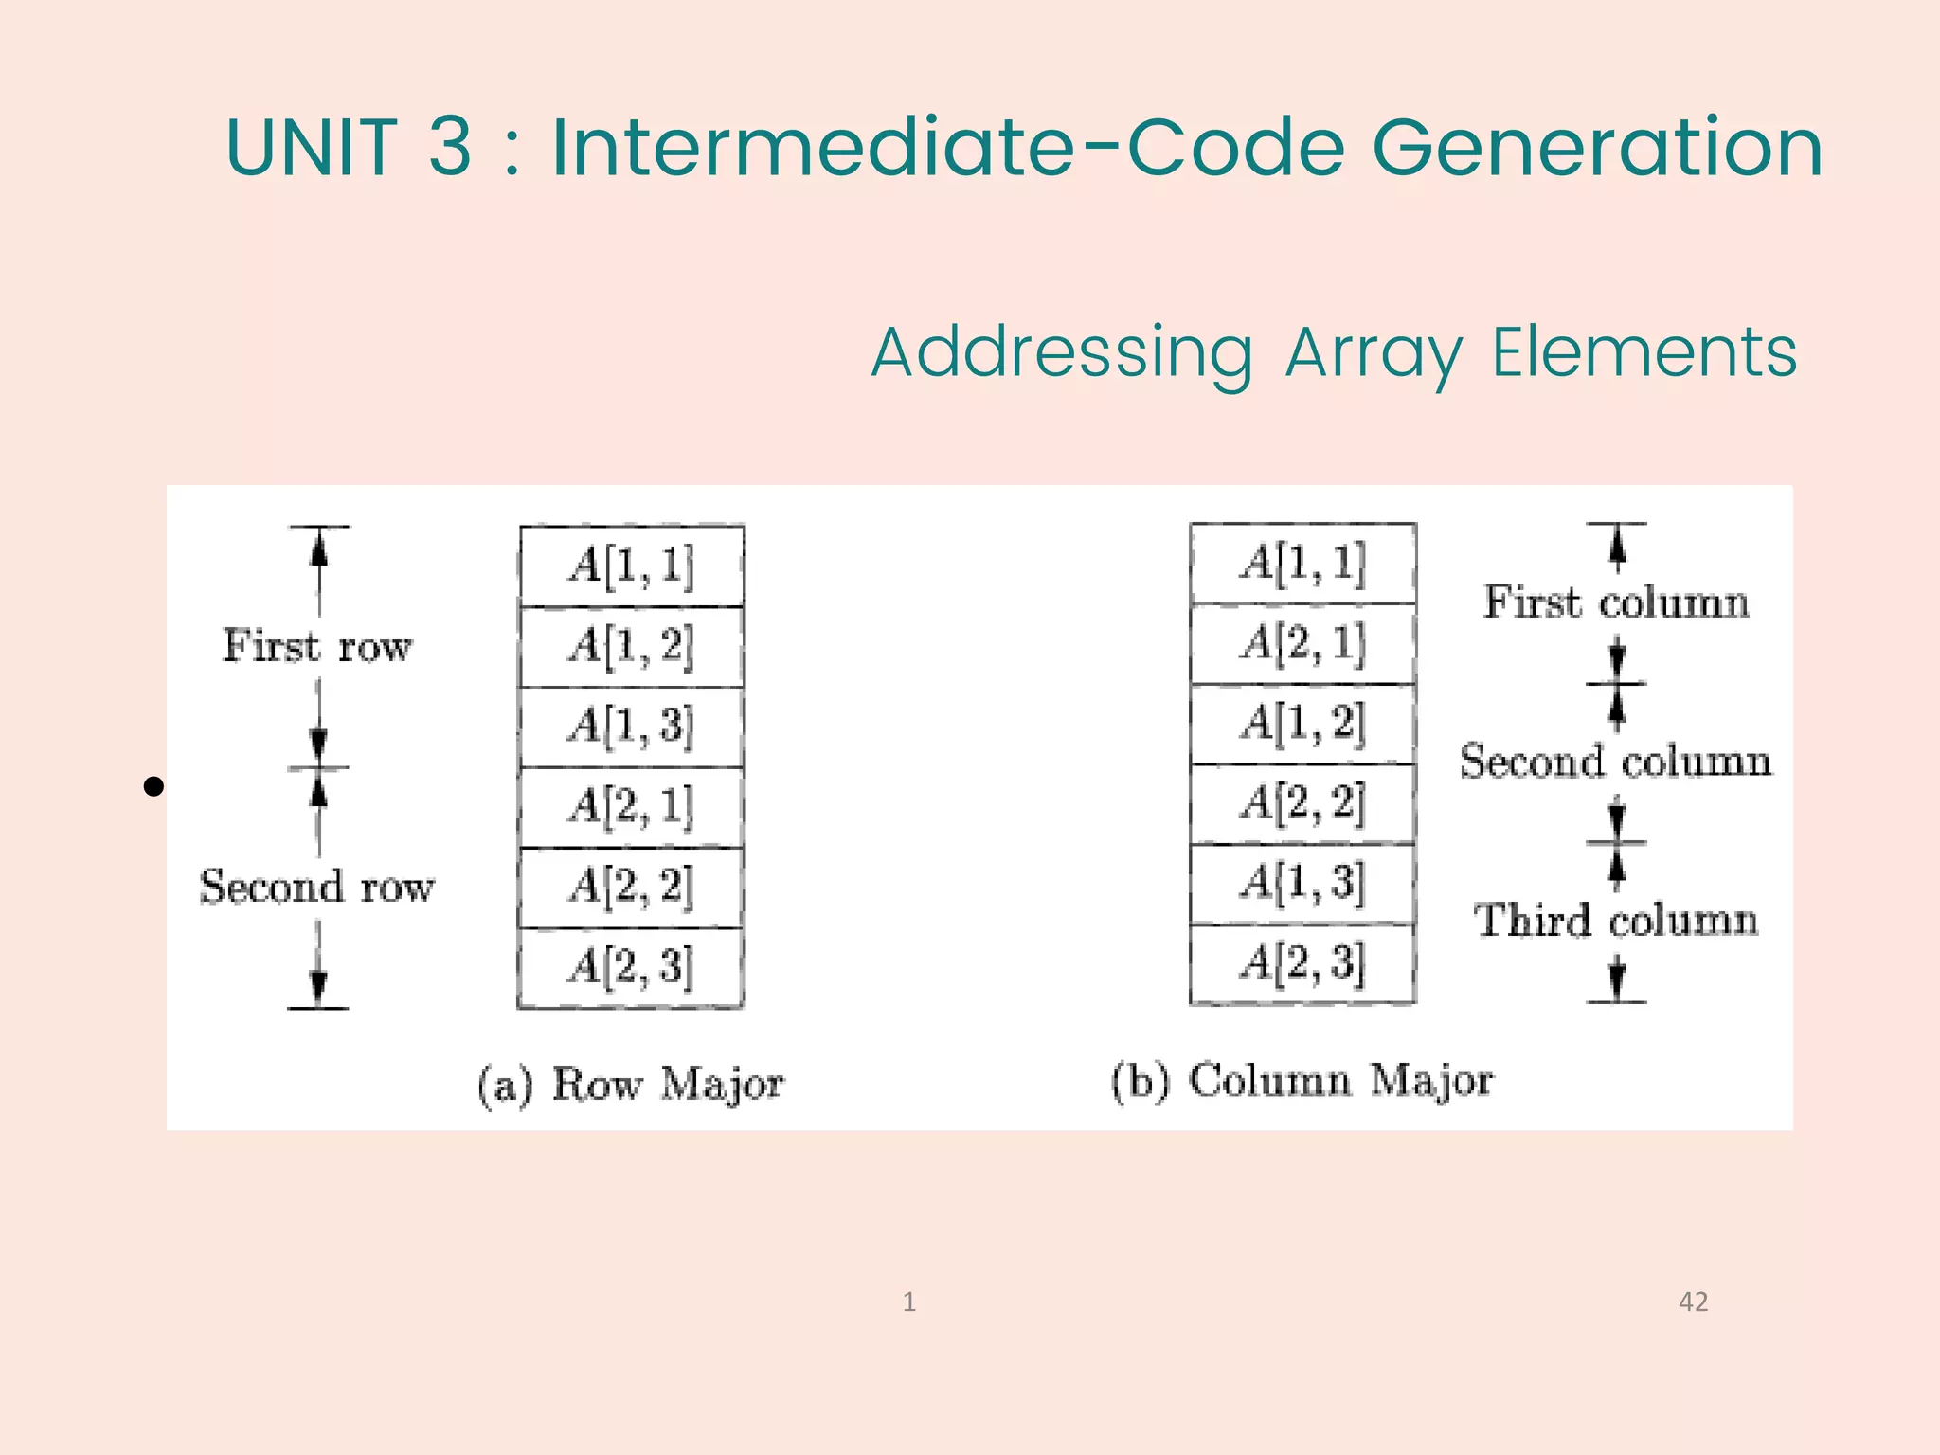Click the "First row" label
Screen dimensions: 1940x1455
[317, 647]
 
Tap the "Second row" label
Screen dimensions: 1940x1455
[317, 888]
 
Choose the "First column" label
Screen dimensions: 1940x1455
[1616, 602]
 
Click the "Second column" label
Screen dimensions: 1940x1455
[1616, 762]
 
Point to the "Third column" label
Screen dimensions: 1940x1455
[1616, 921]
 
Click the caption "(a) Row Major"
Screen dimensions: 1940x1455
[631, 1085]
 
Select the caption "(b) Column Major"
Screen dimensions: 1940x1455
[1302, 1081]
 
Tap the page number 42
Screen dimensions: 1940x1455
[1693, 1302]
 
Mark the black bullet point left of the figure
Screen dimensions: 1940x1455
[153, 786]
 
